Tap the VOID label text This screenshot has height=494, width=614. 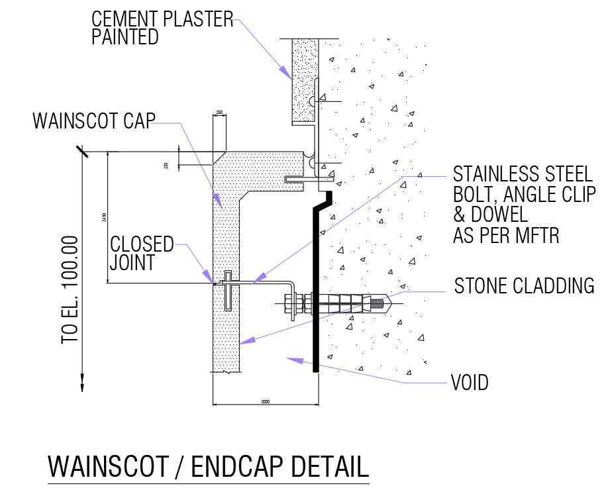click(x=469, y=382)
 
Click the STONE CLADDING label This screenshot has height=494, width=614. click(x=524, y=286)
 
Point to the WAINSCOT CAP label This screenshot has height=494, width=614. click(x=93, y=121)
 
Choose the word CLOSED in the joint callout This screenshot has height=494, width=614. click(x=142, y=244)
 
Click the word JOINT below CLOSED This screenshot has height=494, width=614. click(x=132, y=263)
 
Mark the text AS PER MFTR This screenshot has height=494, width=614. click(x=506, y=235)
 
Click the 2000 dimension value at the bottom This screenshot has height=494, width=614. click(x=266, y=401)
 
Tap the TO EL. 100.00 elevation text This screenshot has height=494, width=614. click(x=70, y=289)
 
